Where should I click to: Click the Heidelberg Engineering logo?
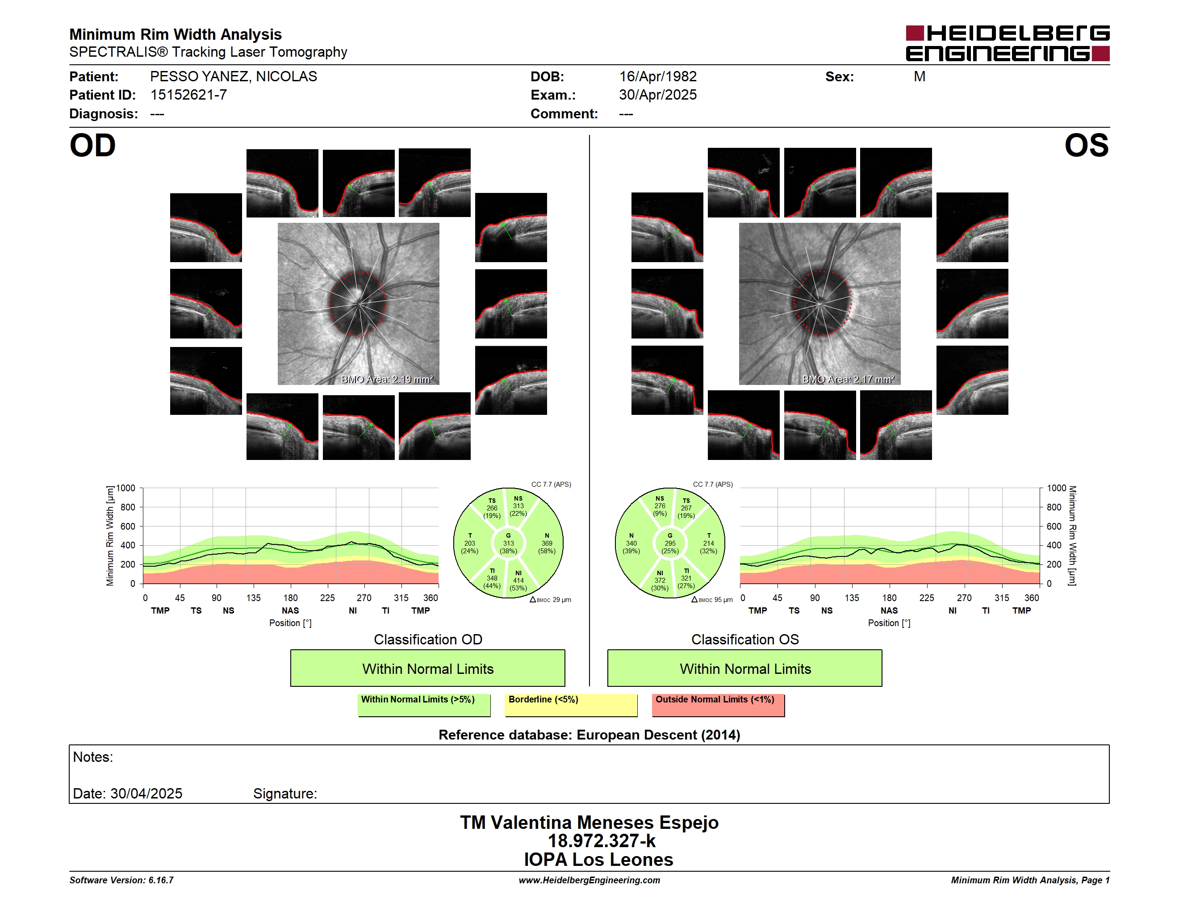tap(1008, 43)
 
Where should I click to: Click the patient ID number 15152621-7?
tap(188, 95)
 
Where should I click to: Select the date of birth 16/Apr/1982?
tap(657, 77)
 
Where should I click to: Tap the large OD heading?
tap(92, 146)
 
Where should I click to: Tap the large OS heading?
tap(1086, 146)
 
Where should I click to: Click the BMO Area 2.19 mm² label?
tap(387, 380)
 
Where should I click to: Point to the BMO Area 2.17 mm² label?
tap(848, 380)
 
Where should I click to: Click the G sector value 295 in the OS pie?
tap(670, 543)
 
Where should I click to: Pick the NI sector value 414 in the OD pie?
tap(518, 581)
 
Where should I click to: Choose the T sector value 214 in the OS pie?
tap(708, 543)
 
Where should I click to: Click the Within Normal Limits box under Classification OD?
tap(427, 668)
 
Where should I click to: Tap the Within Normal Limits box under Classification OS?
tap(745, 668)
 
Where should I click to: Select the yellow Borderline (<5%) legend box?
tap(571, 705)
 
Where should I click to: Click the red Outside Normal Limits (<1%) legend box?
tap(718, 705)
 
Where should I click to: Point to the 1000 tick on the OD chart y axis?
tap(126, 488)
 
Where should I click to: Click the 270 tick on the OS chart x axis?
tap(964, 598)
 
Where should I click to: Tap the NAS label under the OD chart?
tap(290, 610)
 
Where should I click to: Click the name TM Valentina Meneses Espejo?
tap(589, 823)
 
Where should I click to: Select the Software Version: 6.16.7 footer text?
tap(121, 880)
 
